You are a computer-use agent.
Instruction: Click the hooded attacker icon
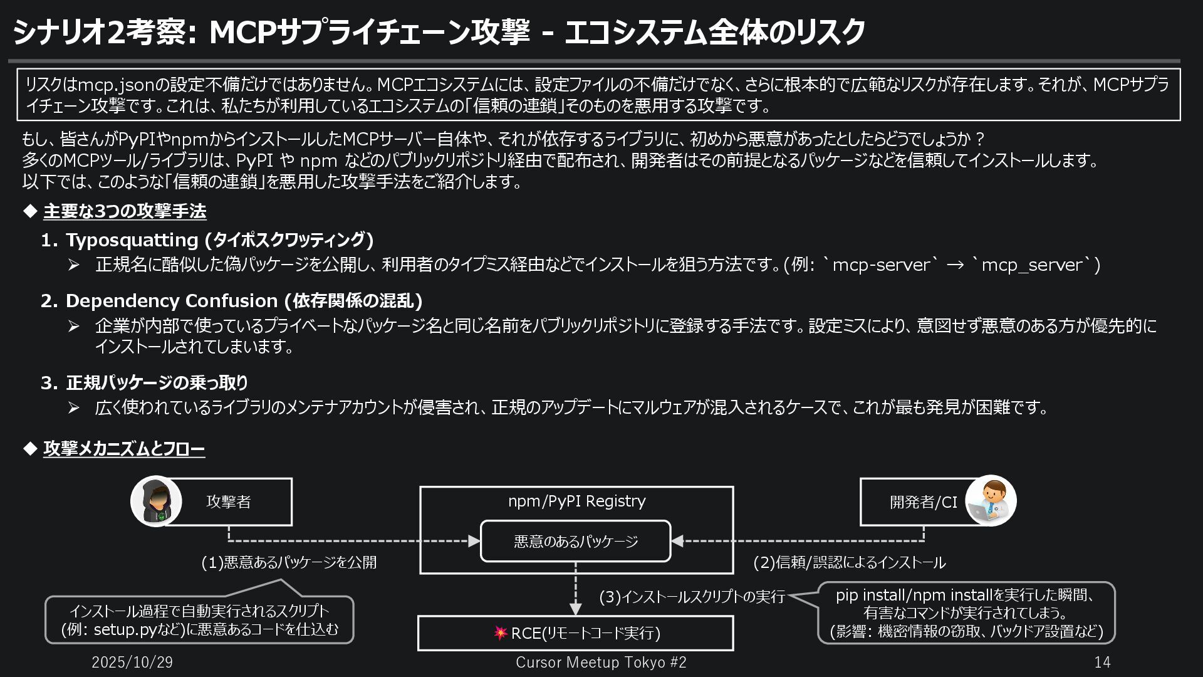coord(156,501)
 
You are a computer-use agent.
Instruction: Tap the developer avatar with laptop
coord(991,501)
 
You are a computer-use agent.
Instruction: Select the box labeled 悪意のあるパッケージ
coord(575,541)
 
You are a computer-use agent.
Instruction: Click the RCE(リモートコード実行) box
coord(575,633)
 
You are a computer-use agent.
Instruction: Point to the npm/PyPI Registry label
coord(576,501)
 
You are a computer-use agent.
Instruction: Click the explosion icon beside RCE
coord(500,633)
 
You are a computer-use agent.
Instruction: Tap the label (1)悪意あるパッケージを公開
coord(289,562)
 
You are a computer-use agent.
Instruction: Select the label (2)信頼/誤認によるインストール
coord(849,562)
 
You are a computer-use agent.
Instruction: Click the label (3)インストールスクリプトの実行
coord(692,597)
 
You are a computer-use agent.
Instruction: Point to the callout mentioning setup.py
coord(199,620)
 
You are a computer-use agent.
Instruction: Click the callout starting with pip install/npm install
coord(966,612)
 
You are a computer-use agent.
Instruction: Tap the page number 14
coord(1102,662)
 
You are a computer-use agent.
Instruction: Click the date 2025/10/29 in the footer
coord(132,662)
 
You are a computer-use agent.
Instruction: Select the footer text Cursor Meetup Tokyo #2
coord(601,662)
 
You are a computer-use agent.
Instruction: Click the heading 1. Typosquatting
coord(207,239)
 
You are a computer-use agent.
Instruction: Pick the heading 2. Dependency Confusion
coord(231,301)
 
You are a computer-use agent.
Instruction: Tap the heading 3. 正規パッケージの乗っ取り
coord(145,382)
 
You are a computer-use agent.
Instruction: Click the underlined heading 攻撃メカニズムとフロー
coord(124,449)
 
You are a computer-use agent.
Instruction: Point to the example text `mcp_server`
coord(1031,265)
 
